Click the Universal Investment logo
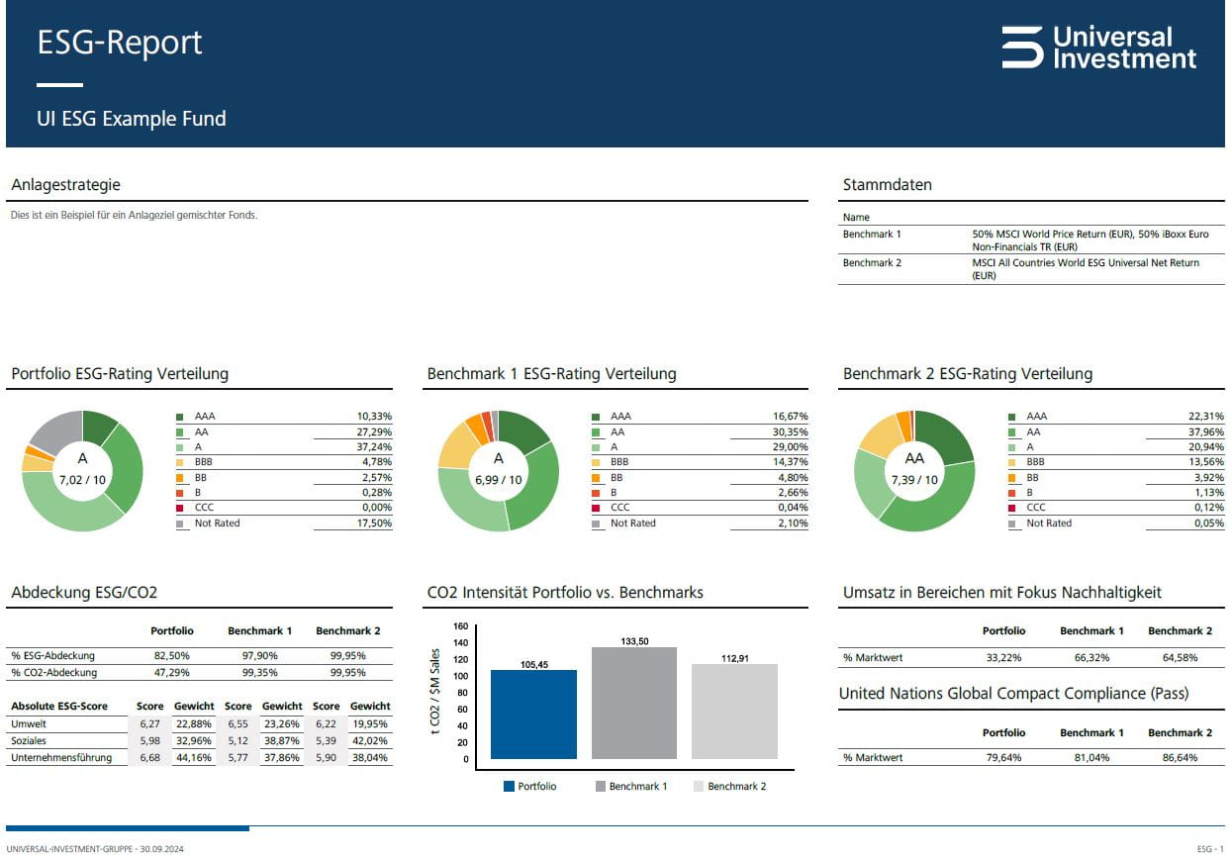tap(1098, 48)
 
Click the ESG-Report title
tap(119, 43)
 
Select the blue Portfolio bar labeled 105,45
tap(533, 714)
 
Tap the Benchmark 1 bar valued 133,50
tap(633, 703)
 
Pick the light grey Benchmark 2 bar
tap(733, 711)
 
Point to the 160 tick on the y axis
tap(460, 626)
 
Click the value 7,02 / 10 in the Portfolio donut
tap(82, 479)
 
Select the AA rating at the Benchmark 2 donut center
tap(914, 458)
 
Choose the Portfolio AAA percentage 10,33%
tap(374, 417)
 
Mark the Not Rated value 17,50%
tap(374, 523)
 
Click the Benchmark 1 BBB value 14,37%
tap(790, 462)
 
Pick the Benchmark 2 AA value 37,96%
tap(1205, 431)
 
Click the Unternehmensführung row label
tap(61, 758)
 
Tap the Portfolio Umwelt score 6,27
tap(149, 723)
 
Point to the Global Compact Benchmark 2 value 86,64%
tap(1179, 758)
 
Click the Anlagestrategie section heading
tap(65, 185)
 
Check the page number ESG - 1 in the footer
tap(1209, 849)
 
